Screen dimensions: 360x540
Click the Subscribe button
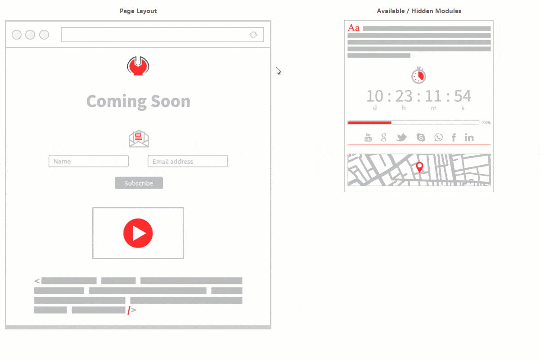[139, 183]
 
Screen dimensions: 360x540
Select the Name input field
[89, 161]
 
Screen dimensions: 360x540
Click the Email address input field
[188, 161]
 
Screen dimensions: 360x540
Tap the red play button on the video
[138, 233]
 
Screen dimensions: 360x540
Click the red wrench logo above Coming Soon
[138, 66]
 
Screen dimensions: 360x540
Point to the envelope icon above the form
[139, 139]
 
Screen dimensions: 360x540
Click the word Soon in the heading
[171, 101]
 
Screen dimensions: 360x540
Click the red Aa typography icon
[354, 28]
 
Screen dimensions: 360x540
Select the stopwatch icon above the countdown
[418, 75]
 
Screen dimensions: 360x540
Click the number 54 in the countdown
[462, 96]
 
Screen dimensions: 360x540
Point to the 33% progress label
[486, 122]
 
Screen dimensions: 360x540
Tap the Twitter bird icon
[401, 138]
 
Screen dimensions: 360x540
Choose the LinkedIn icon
[469, 138]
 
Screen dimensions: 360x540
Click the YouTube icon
[368, 138]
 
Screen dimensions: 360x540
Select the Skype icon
[421, 138]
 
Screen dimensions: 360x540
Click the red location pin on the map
[420, 167]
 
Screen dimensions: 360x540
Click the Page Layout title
[138, 11]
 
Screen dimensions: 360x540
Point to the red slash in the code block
[128, 310]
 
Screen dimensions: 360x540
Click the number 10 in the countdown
[374, 96]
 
